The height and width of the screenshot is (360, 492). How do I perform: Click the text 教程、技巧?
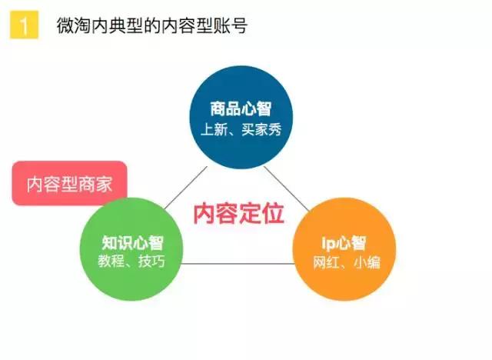(131, 261)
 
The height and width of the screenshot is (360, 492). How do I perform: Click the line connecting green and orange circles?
(238, 263)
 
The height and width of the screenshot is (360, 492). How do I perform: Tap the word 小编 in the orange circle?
(367, 262)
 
